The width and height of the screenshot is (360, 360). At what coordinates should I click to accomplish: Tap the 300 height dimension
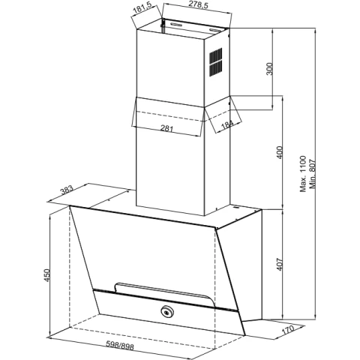pyautogui.click(x=270, y=69)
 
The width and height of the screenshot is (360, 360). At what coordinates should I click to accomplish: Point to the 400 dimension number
pyautogui.click(x=280, y=152)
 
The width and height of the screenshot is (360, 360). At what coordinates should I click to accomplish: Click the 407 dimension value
pyautogui.click(x=280, y=264)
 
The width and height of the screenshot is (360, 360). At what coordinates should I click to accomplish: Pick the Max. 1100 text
pyautogui.click(x=303, y=174)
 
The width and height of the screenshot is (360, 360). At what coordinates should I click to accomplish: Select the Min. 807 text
pyautogui.click(x=313, y=174)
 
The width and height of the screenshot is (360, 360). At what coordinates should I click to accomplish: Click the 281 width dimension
pyautogui.click(x=166, y=128)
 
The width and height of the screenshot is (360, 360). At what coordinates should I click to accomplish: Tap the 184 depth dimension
pyautogui.click(x=227, y=124)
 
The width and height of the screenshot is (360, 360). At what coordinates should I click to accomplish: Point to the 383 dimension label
pyautogui.click(x=67, y=190)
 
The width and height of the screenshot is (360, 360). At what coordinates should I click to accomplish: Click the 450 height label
pyautogui.click(x=47, y=275)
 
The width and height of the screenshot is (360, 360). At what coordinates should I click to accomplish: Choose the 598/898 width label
pyautogui.click(x=120, y=346)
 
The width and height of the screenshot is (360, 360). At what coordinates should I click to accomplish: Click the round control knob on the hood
pyautogui.click(x=165, y=311)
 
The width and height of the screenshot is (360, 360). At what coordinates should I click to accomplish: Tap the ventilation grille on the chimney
pyautogui.click(x=215, y=62)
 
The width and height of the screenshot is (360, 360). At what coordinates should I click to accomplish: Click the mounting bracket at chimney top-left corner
pyautogui.click(x=163, y=25)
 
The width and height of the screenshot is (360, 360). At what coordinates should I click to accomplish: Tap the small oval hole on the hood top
pyautogui.click(x=235, y=207)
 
